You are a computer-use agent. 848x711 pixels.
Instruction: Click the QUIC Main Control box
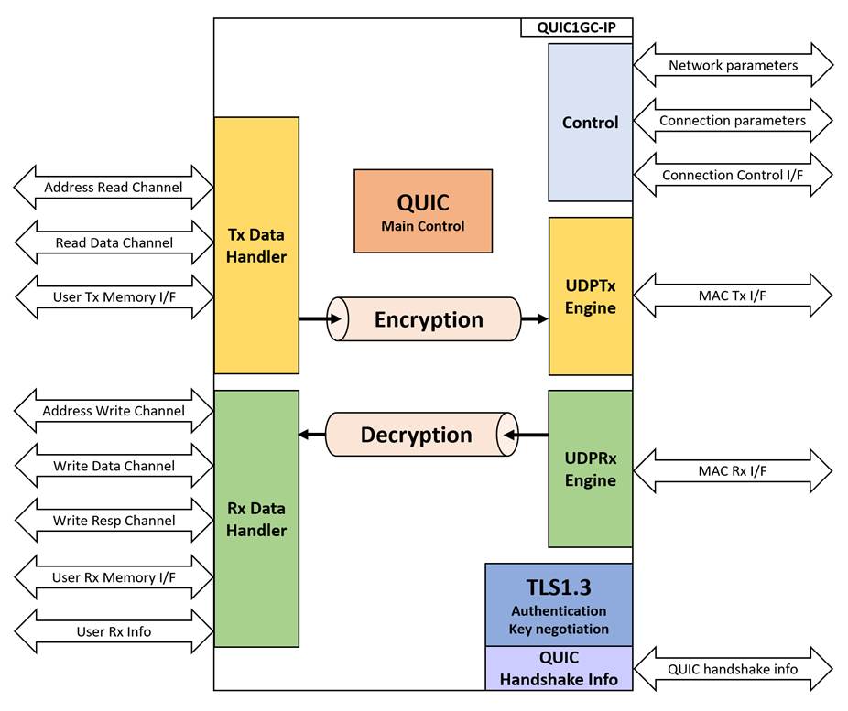click(422, 210)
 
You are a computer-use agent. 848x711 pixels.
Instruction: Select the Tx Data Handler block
click(256, 245)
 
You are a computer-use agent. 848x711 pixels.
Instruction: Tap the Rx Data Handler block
click(256, 518)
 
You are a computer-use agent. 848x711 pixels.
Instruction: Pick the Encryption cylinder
click(427, 319)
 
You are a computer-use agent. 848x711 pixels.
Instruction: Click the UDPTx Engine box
click(590, 296)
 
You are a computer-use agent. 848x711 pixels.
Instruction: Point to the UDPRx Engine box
click(590, 469)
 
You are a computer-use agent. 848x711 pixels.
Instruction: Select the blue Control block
click(590, 123)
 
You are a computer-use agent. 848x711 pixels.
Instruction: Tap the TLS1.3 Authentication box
click(559, 605)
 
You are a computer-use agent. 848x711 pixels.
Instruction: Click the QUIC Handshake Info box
click(559, 668)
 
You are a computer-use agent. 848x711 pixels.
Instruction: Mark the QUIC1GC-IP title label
click(576, 27)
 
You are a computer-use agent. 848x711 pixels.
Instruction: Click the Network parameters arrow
click(733, 65)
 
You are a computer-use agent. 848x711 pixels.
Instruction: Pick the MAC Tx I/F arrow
click(733, 295)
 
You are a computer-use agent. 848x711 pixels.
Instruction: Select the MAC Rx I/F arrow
click(733, 470)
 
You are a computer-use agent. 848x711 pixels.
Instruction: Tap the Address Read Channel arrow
click(114, 188)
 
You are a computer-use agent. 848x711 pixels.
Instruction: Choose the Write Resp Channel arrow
click(114, 521)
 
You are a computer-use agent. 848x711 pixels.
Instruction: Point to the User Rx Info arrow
click(114, 631)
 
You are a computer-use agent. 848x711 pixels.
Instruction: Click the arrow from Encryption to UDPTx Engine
click(534, 319)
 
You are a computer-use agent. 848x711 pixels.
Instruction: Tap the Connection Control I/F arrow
click(733, 175)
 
